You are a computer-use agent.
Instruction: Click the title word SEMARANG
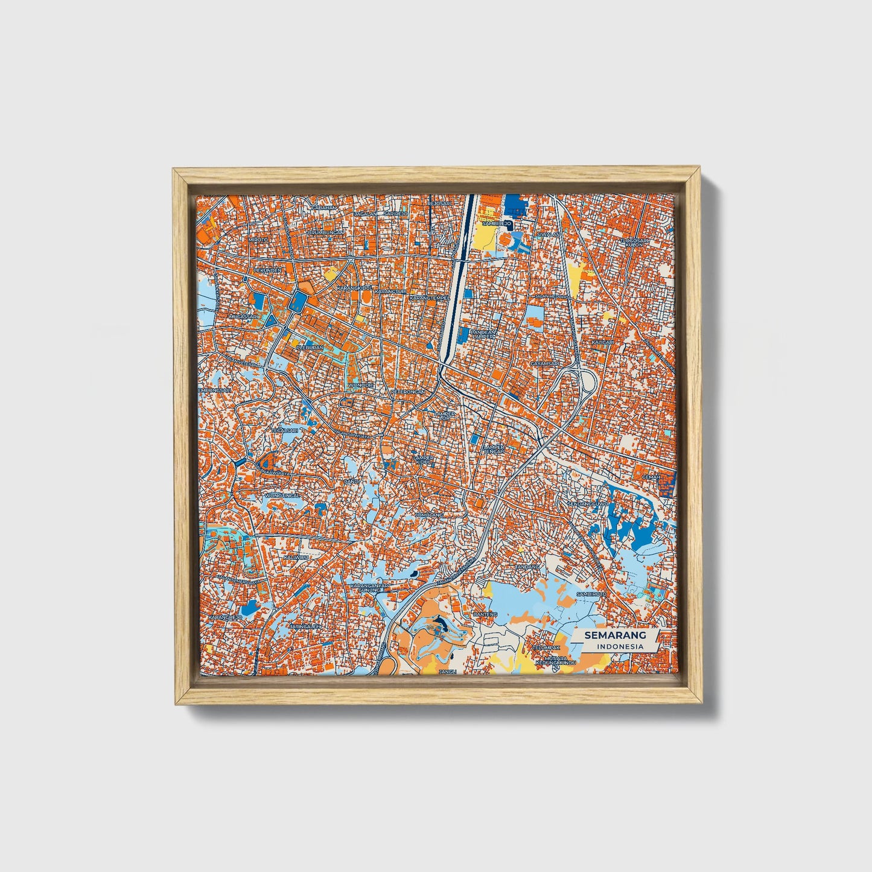click(615, 635)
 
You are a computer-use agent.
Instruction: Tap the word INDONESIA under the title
click(620, 646)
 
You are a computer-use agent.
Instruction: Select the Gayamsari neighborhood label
click(543, 364)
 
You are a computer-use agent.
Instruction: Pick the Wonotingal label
click(282, 495)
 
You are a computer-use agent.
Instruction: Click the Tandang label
click(526, 567)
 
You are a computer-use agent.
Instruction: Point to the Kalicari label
click(602, 342)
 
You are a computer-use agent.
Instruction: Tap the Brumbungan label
click(325, 232)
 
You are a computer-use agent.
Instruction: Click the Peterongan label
click(409, 392)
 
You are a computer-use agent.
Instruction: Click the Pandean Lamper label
click(483, 333)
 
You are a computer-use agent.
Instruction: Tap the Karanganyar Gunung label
click(371, 588)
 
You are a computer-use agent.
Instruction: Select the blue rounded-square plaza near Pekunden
click(298, 302)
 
